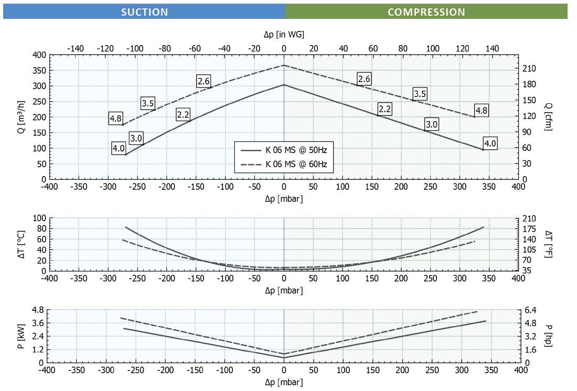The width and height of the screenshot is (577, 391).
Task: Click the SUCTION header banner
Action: pos(144,12)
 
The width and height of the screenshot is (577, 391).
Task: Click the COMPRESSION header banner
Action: pos(426,12)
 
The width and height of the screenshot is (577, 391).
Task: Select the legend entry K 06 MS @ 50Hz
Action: pos(300,149)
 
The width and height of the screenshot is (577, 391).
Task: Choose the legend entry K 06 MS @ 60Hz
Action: pos(300,164)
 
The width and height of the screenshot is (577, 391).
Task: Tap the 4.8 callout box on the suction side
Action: pos(116,118)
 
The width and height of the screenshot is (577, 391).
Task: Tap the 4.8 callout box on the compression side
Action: pos(481,111)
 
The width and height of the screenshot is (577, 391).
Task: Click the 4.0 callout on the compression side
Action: pos(490,144)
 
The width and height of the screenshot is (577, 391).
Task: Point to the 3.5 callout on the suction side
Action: pos(147,103)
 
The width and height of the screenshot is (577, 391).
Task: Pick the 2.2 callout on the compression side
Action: pos(384,109)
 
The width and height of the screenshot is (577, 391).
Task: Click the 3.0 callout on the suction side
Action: pos(136,138)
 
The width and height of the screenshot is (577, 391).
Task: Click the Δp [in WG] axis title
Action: pos(284,34)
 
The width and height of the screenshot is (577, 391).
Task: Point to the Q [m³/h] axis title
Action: pos(22,116)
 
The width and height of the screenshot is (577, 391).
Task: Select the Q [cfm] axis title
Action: pos(548,116)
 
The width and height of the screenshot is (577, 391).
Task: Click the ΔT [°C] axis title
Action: pos(22,244)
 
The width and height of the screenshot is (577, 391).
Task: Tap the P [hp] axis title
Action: pos(548,336)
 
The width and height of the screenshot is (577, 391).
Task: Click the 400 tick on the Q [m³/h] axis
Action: pos(39,55)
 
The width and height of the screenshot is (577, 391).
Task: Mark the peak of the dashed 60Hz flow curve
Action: pos(284,66)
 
